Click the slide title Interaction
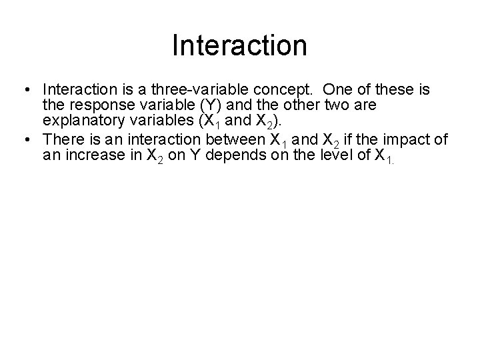pyautogui.click(x=239, y=46)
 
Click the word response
pyautogui.click(x=97, y=105)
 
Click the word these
pyautogui.click(x=392, y=89)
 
